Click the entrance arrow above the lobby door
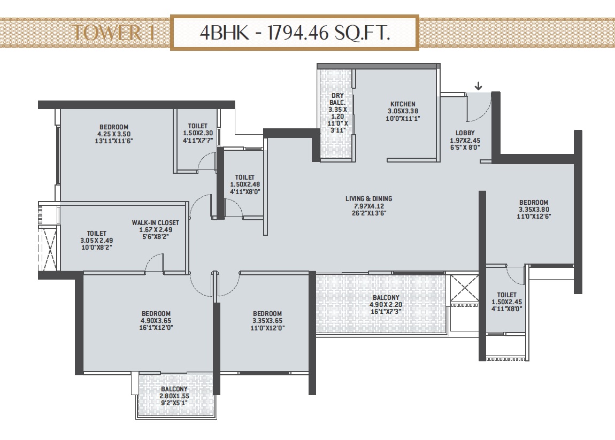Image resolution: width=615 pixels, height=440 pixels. (478, 86)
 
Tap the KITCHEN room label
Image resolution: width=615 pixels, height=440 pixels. (403, 104)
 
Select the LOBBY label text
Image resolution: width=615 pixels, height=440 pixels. (465, 133)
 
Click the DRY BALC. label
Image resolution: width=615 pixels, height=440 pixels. (337, 99)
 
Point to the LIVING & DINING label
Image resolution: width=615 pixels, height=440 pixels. (368, 198)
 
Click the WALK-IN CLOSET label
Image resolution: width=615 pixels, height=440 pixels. (155, 223)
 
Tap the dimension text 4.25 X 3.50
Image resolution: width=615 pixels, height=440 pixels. (114, 134)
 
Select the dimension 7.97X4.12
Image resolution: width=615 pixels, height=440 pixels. (368, 206)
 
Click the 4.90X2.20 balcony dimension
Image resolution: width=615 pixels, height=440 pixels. (386, 305)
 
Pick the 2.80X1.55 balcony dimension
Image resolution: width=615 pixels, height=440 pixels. (174, 396)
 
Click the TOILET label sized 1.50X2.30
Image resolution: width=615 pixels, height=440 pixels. (198, 126)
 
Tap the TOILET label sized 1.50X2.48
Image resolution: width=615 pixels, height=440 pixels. (245, 177)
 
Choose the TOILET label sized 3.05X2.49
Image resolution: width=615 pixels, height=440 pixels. (96, 233)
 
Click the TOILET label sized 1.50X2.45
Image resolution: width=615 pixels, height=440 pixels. (507, 295)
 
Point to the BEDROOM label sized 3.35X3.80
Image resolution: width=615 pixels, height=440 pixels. (533, 202)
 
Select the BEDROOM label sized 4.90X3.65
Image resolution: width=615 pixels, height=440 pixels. (156, 313)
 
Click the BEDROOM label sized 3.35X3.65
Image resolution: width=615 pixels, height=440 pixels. (267, 313)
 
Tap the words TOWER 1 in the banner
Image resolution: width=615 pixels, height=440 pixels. (114, 32)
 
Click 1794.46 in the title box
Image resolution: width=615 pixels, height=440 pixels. (298, 33)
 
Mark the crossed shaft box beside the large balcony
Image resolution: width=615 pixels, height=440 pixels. (464, 288)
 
